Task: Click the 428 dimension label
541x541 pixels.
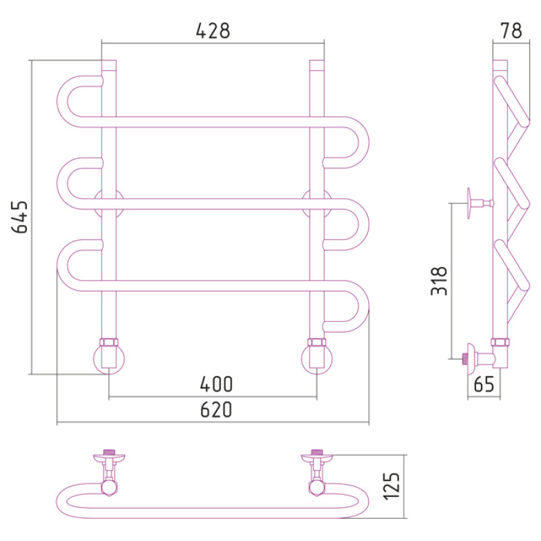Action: tap(213, 30)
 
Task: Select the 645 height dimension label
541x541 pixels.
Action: tap(20, 217)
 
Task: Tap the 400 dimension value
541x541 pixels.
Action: tap(216, 384)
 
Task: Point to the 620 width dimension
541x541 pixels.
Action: tap(216, 410)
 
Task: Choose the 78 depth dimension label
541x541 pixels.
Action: tap(511, 30)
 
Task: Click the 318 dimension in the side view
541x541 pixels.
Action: tap(439, 281)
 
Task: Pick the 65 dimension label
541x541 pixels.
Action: tap(484, 384)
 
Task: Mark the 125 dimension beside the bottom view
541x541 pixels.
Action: tap(392, 486)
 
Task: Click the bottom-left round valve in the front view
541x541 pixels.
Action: tap(109, 359)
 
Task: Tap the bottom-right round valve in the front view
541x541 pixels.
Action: tap(316, 359)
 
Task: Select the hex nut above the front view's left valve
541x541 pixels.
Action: tap(109, 342)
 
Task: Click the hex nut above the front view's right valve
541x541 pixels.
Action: tap(316, 342)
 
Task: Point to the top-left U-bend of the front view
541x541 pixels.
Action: tap(62, 101)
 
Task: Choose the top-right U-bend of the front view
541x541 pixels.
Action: tap(364, 143)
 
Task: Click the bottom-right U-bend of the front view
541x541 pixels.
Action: tap(364, 306)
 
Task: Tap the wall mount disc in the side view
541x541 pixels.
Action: tap(469, 204)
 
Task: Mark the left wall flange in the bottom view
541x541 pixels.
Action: tap(109, 458)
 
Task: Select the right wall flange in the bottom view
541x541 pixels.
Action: tap(316, 458)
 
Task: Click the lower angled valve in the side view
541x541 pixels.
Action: tap(483, 359)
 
